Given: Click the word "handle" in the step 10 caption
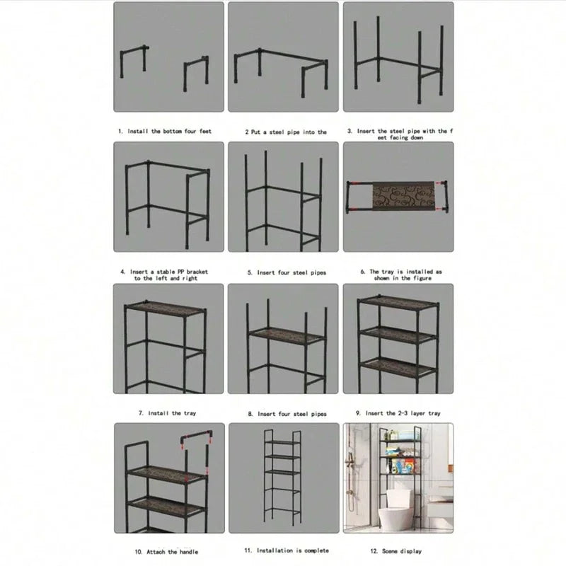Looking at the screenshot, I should [x=187, y=551].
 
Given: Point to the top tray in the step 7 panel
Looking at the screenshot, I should [x=164, y=308].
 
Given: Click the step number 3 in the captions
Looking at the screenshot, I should [x=348, y=132].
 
